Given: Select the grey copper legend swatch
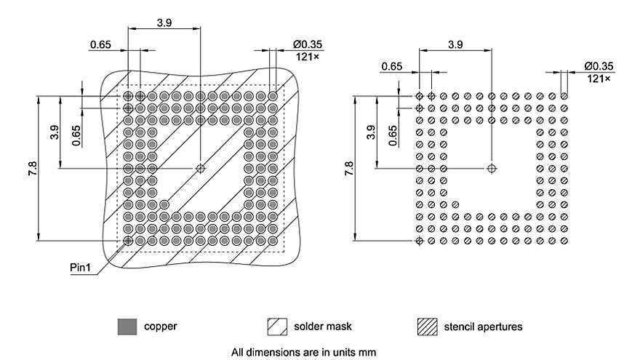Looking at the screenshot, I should pyautogui.click(x=127, y=327).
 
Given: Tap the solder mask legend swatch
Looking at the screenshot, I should pyautogui.click(x=277, y=327).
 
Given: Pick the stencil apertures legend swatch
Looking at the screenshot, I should pyautogui.click(x=427, y=327).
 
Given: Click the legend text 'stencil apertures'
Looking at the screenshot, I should pyautogui.click(x=483, y=327).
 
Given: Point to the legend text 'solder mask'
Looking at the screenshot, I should pyautogui.click(x=324, y=327).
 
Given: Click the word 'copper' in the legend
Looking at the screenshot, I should pyautogui.click(x=160, y=327).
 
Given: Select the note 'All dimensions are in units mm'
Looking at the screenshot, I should pyautogui.click(x=303, y=353).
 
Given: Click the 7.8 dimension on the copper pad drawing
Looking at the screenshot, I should pyautogui.click(x=32, y=168).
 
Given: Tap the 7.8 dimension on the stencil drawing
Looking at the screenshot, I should pyautogui.click(x=348, y=168).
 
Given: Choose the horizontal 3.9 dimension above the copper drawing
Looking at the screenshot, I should pyautogui.click(x=164, y=23).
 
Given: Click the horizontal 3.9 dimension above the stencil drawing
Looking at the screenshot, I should pyautogui.click(x=455, y=44).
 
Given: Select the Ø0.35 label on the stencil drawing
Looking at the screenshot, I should pyautogui.click(x=599, y=66).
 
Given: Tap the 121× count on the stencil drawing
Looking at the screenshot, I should pyautogui.click(x=599, y=79).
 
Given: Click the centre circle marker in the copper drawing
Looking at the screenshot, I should pyautogui.click(x=201, y=168).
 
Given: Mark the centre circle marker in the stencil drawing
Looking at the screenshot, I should pyautogui.click(x=492, y=168).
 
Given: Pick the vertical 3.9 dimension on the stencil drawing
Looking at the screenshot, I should pyautogui.click(x=371, y=132).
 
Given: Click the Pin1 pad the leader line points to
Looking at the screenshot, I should pyautogui.click(x=128, y=241).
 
